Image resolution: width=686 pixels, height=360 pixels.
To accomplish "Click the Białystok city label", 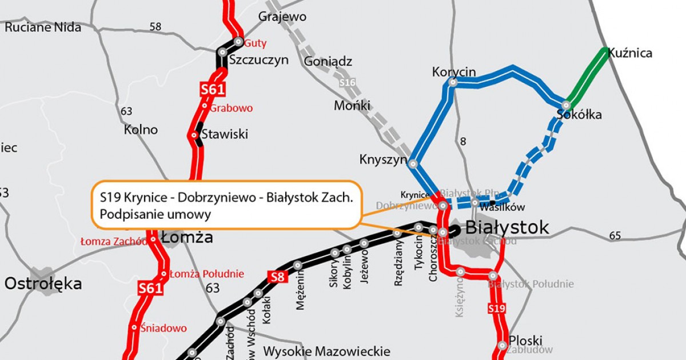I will pyautogui.click(x=507, y=227).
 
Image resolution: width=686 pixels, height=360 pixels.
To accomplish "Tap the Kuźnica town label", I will pyautogui.click(x=630, y=53).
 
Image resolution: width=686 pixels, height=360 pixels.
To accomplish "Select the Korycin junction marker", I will pyautogui.click(x=453, y=83).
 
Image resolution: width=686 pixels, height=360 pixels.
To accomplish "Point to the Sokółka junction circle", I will pyautogui.click(x=566, y=105).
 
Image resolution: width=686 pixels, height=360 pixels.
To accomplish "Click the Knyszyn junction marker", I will pyautogui.click(x=413, y=163).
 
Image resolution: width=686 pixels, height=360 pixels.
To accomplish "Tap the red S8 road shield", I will pyautogui.click(x=277, y=278).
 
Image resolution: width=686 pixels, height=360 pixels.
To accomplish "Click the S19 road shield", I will pyautogui.click(x=496, y=309).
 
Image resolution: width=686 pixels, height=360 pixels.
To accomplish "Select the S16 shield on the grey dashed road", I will pyautogui.click(x=347, y=83).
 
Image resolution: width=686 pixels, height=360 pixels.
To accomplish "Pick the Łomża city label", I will pyautogui.click(x=186, y=237).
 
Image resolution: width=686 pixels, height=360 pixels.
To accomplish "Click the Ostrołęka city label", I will pyautogui.click(x=43, y=283).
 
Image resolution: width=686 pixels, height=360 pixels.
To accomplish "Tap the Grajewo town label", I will pyautogui.click(x=282, y=17).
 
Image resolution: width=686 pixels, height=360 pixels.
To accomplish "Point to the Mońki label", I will pyautogui.click(x=352, y=106).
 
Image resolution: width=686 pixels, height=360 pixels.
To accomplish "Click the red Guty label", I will pyautogui.click(x=256, y=43).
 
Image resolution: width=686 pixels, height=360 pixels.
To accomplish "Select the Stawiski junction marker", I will pyautogui.click(x=194, y=135).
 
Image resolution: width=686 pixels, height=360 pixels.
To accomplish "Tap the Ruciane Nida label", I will pyautogui.click(x=43, y=26).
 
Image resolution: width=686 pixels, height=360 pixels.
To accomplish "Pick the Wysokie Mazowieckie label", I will pyautogui.click(x=326, y=351).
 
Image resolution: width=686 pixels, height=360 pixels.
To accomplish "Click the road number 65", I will pyautogui.click(x=615, y=235).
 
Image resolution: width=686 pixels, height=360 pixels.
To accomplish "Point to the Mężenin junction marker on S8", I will pyautogui.click(x=297, y=265).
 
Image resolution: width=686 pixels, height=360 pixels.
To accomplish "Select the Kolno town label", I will pyautogui.click(x=141, y=130).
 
